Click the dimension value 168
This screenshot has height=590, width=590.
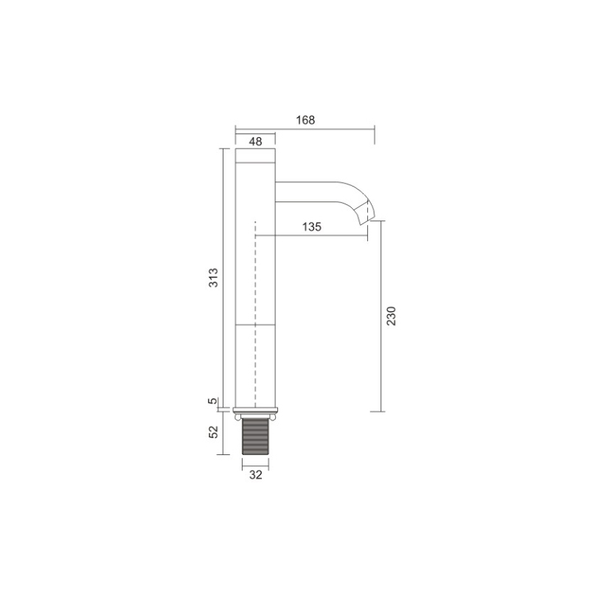click(305, 120)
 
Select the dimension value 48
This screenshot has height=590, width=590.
click(255, 142)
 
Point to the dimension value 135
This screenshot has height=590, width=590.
click(312, 227)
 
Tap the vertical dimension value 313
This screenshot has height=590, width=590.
click(213, 278)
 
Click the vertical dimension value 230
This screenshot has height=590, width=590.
click(392, 316)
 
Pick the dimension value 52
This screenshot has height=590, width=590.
click(213, 431)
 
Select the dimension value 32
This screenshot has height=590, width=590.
click(255, 475)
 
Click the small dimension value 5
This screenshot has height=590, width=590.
click(213, 400)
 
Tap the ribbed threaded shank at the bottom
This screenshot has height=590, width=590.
click(255, 436)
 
